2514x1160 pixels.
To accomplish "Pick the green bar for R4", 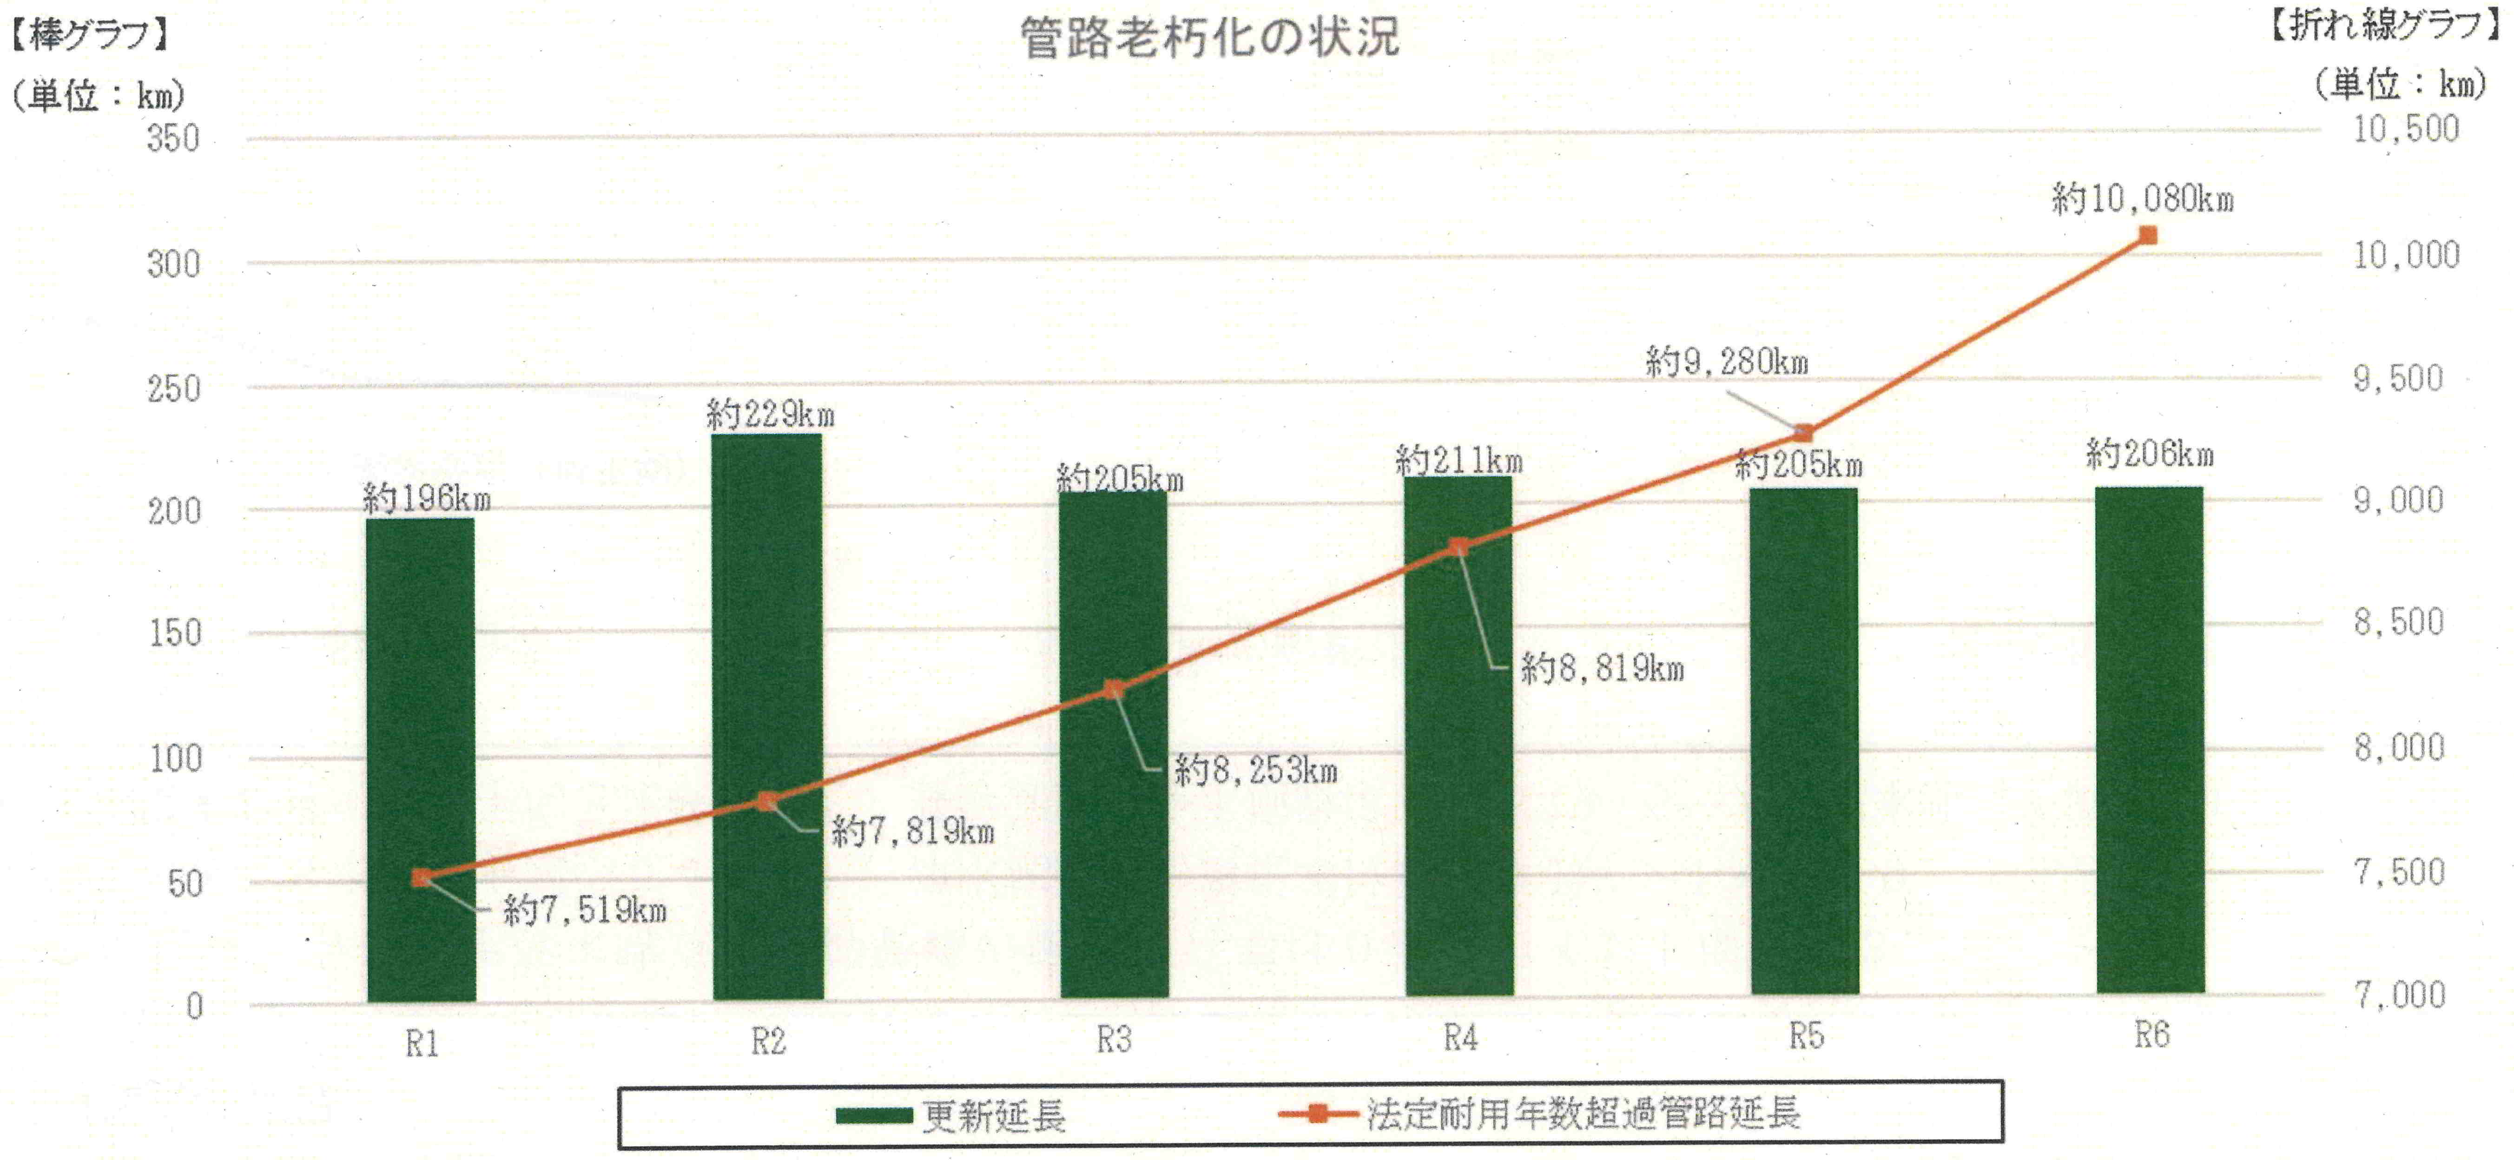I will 1459,737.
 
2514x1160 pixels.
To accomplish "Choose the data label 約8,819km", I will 1603,669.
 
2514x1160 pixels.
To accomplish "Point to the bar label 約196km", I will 427,500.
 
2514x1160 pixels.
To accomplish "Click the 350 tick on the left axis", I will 174,138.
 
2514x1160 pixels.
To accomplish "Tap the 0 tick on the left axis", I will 194,1006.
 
